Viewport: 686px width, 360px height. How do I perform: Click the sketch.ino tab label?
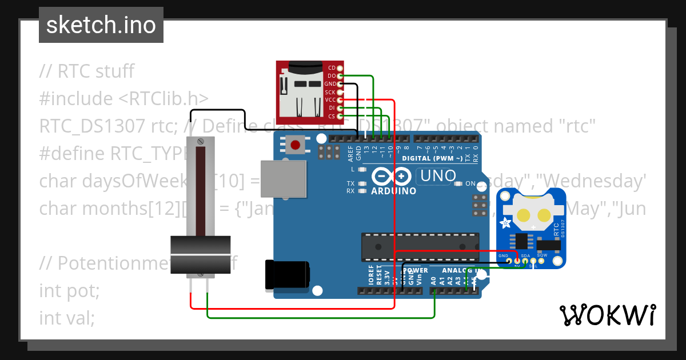pos(101,25)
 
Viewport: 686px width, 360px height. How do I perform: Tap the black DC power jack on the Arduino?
pos(287,274)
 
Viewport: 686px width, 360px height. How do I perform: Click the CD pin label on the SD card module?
pos(332,68)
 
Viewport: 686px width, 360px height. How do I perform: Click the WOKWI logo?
pos(607,315)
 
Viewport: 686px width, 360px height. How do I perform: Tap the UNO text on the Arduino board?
pos(438,176)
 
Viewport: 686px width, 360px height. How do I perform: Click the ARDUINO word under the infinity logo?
pos(394,191)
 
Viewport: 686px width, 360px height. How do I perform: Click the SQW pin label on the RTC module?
pos(541,255)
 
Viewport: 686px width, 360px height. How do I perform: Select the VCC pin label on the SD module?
pos(330,100)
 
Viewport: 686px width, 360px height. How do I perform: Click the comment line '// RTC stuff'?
pos(86,71)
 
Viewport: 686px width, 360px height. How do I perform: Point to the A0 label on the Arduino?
pos(433,281)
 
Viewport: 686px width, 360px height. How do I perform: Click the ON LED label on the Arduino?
pos(470,184)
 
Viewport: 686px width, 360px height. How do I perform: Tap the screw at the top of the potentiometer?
pos(201,141)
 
